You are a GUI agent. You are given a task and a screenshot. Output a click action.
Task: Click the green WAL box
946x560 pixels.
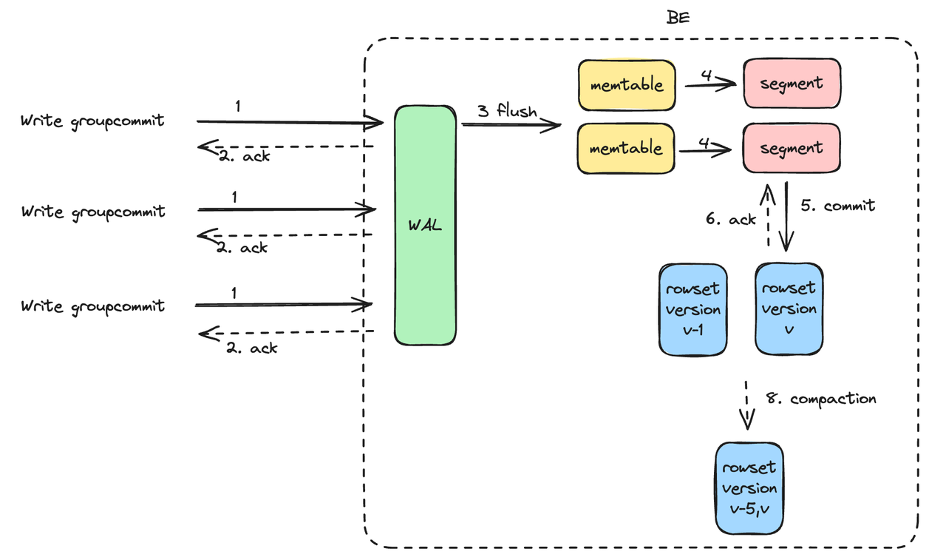point(425,225)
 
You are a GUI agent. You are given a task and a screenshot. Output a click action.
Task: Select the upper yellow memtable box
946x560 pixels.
point(625,85)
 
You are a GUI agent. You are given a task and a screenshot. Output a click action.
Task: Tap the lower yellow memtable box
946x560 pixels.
point(625,149)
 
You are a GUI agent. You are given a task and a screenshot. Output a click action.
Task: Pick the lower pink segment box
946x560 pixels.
point(792,149)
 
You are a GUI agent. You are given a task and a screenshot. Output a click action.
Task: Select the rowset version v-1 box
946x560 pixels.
point(692,309)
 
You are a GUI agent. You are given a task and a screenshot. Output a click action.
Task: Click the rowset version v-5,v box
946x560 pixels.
point(749,488)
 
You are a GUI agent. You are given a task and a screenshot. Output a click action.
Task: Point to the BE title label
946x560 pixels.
point(678,17)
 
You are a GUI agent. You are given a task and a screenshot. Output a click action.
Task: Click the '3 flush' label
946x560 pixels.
point(507,112)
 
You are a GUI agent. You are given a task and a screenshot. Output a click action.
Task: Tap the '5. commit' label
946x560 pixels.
point(838,206)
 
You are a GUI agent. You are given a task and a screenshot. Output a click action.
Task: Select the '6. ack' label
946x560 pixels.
point(730,219)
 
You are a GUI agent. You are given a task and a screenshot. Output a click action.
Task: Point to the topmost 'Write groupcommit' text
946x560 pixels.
point(92,121)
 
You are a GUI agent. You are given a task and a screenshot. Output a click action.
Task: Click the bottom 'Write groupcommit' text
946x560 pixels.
point(92,306)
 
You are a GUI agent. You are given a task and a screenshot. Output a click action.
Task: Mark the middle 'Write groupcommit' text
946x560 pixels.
point(92,212)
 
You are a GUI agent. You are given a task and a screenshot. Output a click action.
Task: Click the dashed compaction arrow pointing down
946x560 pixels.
point(748,405)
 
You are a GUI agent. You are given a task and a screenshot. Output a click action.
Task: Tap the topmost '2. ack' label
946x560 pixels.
point(245,156)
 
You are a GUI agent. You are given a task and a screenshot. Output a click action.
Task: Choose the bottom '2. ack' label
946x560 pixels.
point(252,347)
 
